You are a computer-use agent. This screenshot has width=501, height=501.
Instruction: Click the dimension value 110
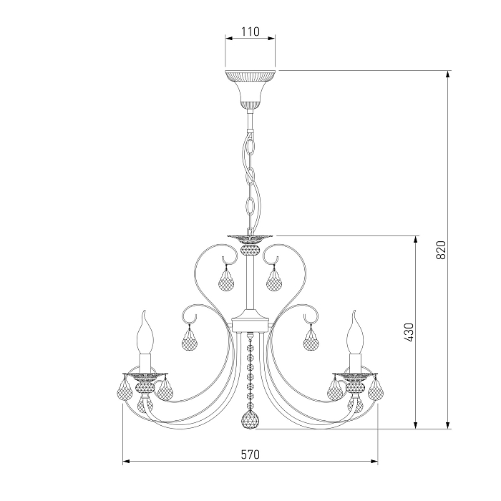tap(250, 31)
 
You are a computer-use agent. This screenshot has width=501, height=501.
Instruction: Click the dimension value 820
tap(441, 250)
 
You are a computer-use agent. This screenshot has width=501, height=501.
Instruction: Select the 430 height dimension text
tap(409, 332)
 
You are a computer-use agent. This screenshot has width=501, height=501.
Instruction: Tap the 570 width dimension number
tap(250, 454)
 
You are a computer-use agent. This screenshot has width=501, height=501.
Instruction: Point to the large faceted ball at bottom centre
tap(250, 420)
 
